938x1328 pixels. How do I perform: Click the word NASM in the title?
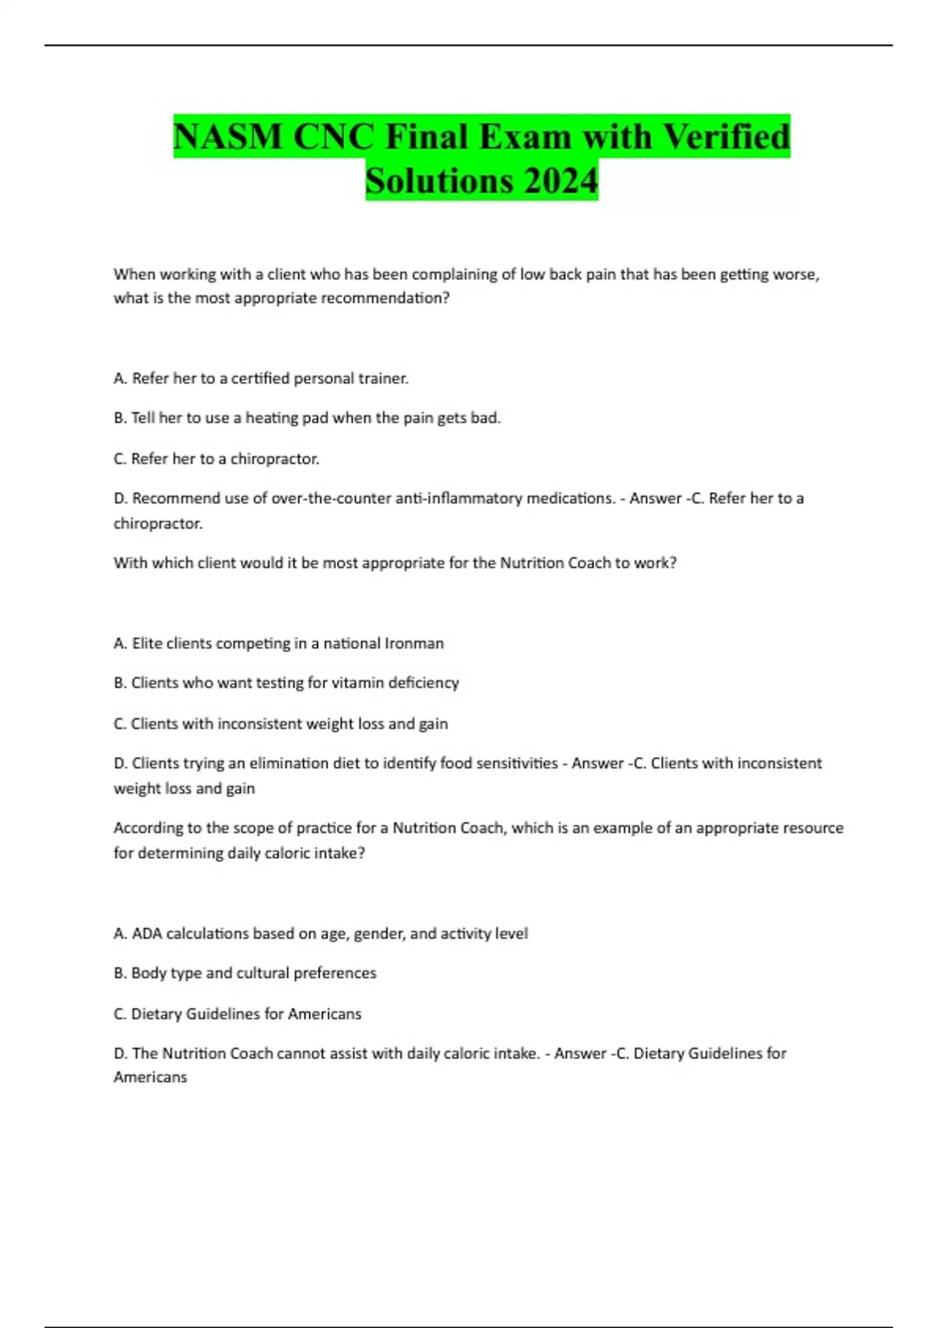(x=227, y=137)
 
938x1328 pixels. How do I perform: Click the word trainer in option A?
(x=383, y=378)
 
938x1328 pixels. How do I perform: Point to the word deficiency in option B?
(x=424, y=683)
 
